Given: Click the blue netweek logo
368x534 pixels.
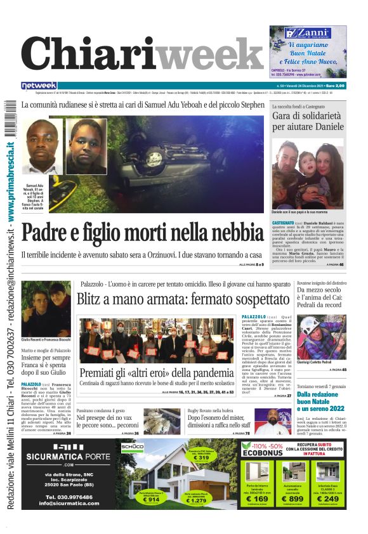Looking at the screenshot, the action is (39, 86).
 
